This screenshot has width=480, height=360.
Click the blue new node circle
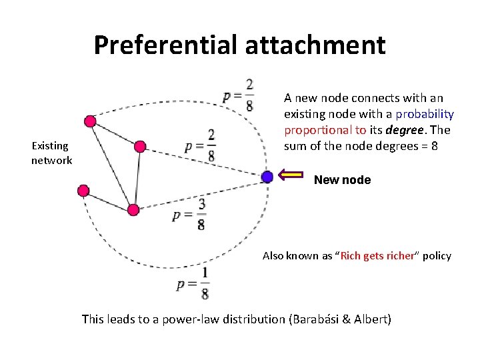267,177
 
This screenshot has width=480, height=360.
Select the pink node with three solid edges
133,210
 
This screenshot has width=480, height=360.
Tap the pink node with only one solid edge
83,191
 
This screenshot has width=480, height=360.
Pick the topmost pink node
89,121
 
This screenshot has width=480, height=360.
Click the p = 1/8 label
193,283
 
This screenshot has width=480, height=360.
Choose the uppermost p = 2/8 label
238,95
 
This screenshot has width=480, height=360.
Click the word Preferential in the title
165,45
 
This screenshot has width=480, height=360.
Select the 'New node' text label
342,180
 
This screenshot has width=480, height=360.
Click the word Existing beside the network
51,145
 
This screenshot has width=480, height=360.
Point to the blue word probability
425,113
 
